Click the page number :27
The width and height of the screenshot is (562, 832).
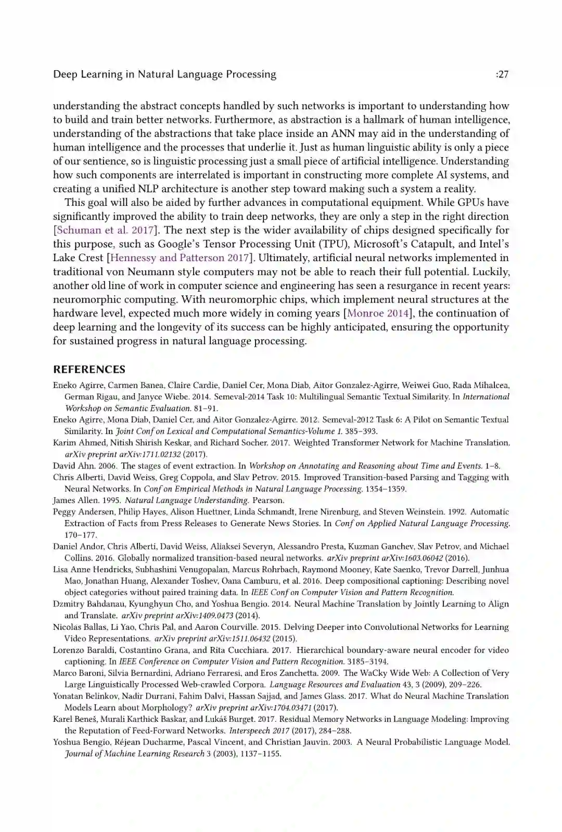[502, 74]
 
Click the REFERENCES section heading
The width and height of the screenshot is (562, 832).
[89, 370]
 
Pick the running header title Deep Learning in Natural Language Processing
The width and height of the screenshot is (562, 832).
[164, 74]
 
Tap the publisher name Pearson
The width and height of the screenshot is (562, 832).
[268, 500]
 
